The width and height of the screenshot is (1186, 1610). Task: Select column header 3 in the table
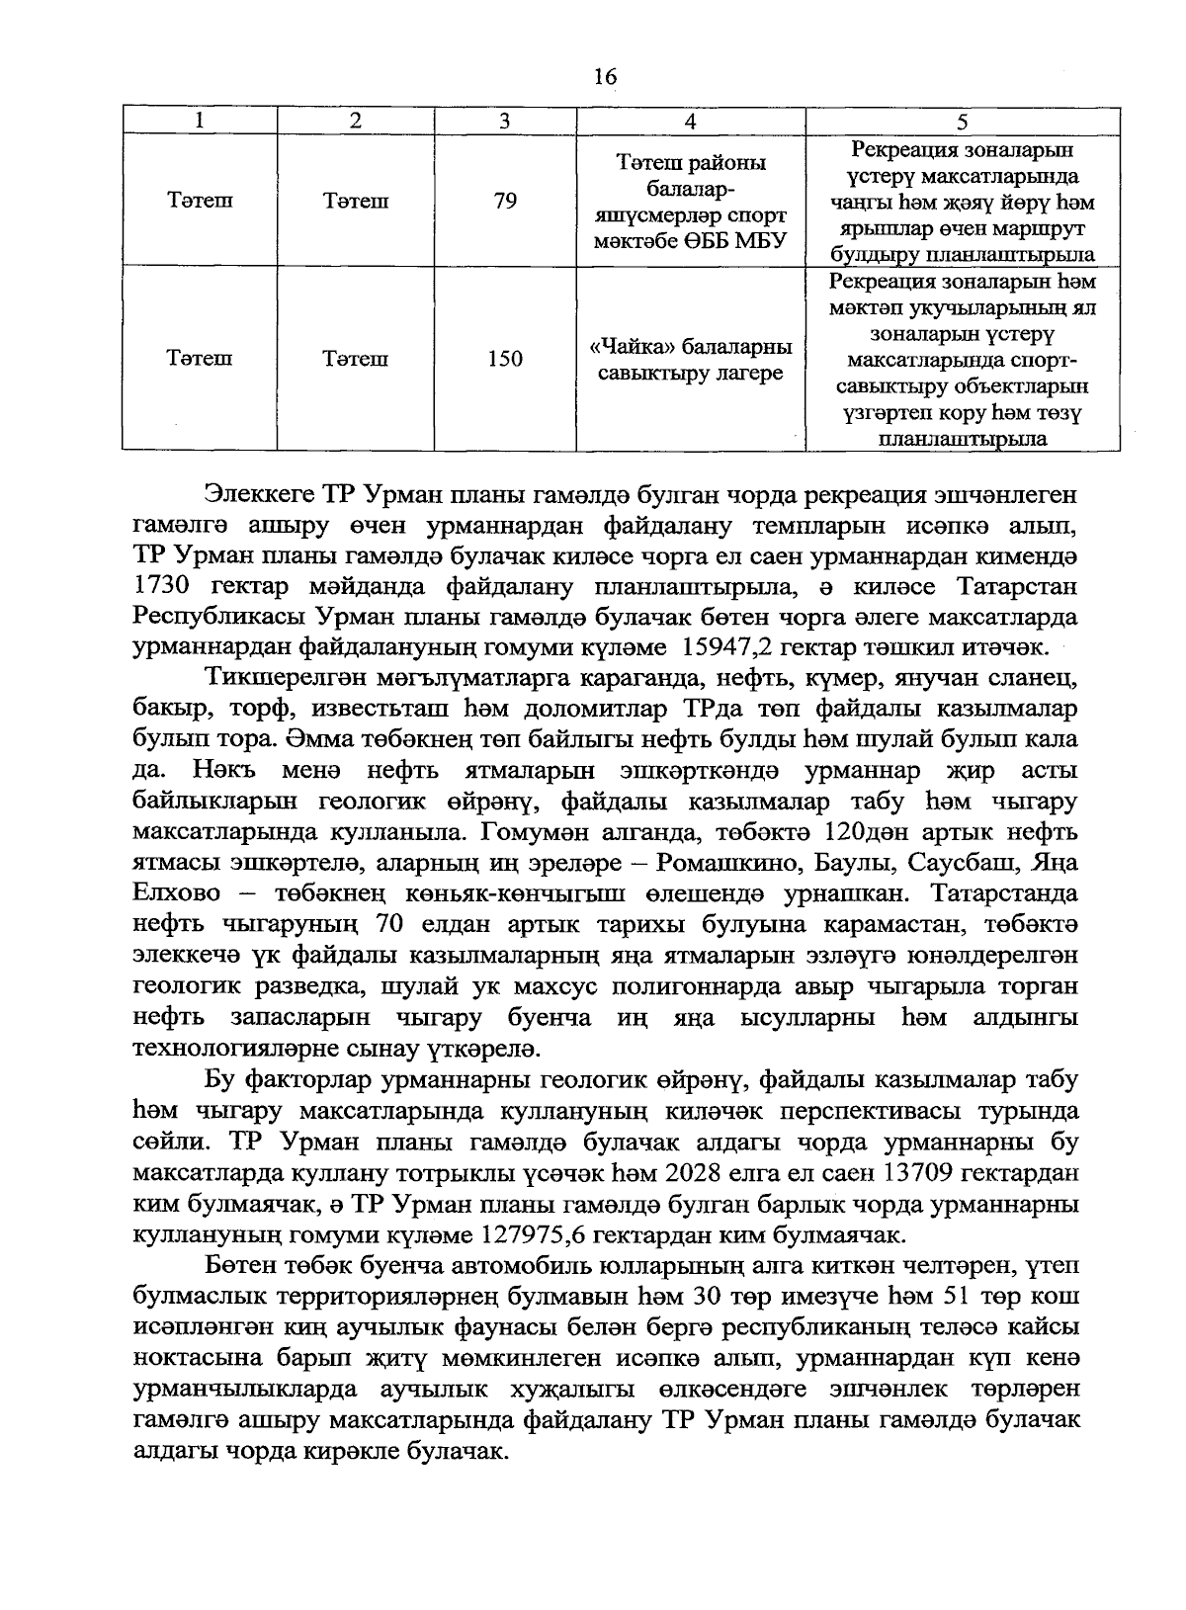click(504, 122)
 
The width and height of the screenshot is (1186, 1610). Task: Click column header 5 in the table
click(963, 122)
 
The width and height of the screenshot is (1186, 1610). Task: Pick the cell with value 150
click(504, 359)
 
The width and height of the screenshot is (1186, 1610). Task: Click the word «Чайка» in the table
click(621, 348)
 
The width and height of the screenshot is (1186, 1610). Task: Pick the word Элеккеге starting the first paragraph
click(259, 493)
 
